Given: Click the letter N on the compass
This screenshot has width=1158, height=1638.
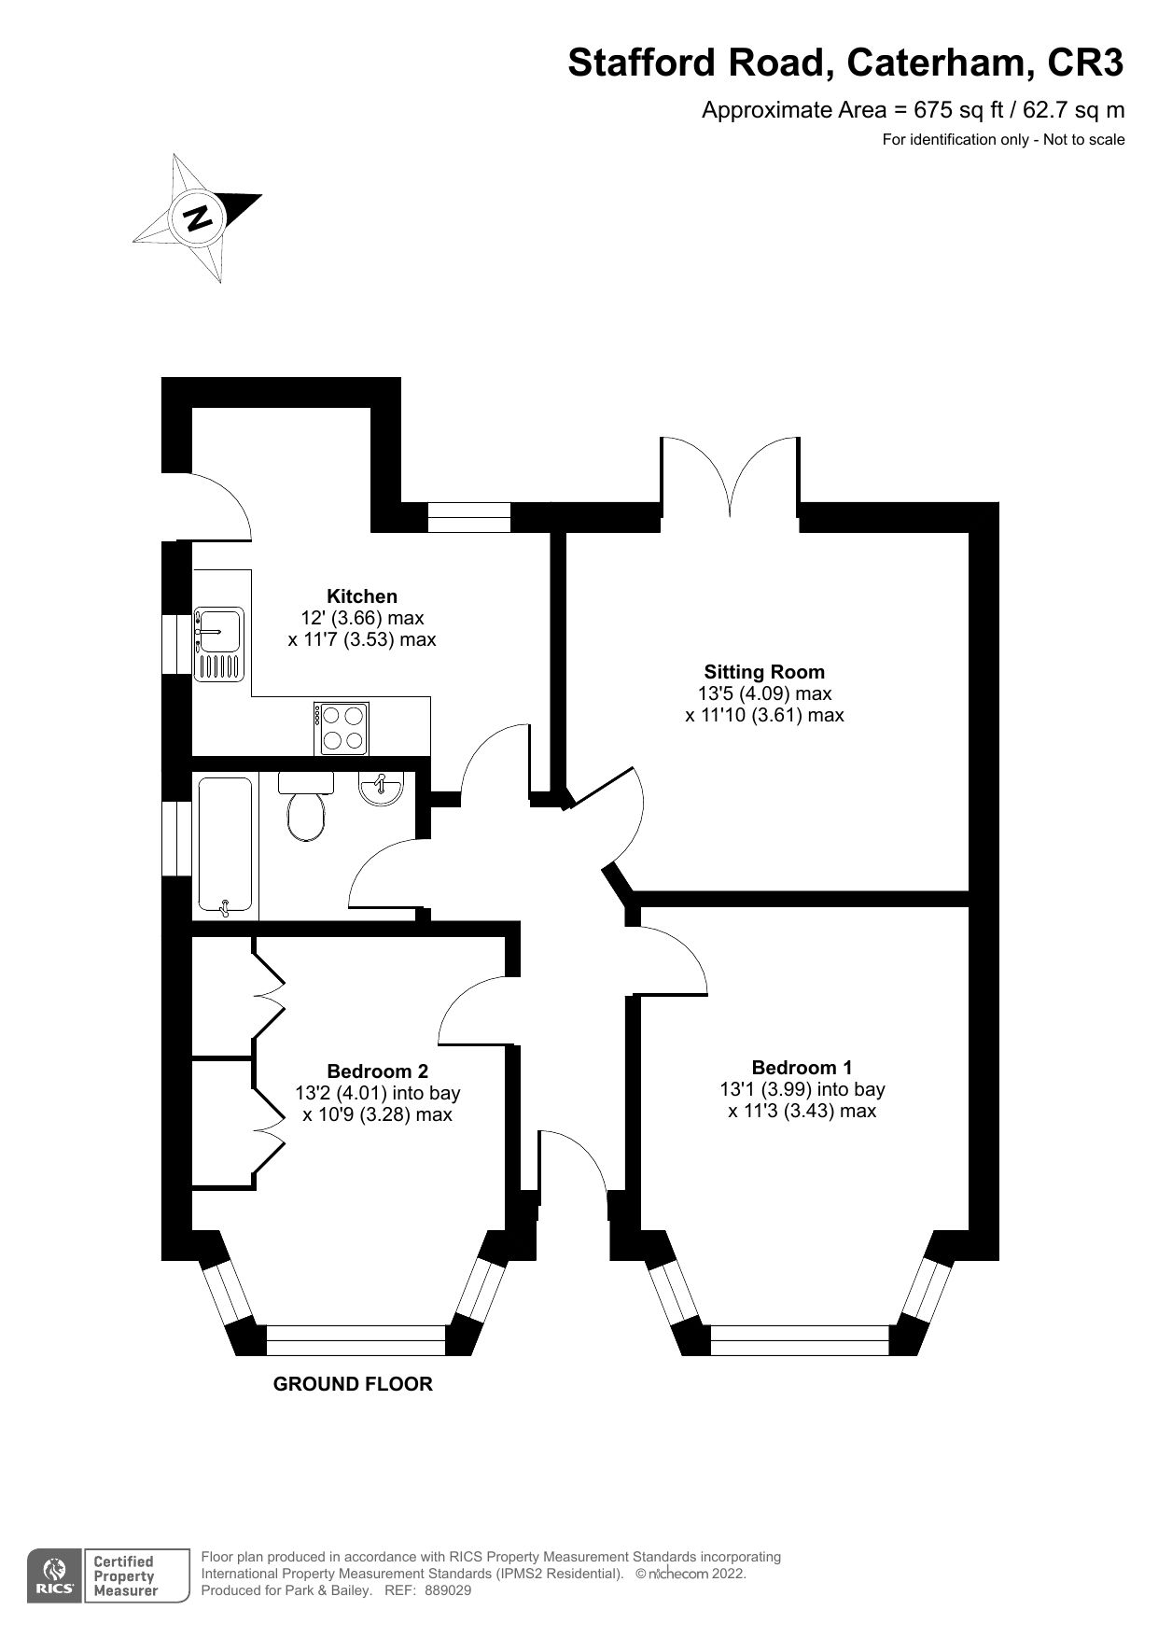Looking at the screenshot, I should (x=198, y=217).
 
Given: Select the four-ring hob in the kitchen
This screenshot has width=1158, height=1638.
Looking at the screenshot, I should (x=342, y=728).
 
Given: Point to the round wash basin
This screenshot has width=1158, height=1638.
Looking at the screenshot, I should (x=381, y=789).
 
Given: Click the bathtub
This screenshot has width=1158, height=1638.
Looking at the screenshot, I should (x=225, y=845).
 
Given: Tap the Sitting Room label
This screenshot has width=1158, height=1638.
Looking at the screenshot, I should (x=764, y=672).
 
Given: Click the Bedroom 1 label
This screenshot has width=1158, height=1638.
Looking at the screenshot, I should (x=802, y=1067).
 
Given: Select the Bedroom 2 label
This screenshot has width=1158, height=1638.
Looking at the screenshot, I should (x=377, y=1071).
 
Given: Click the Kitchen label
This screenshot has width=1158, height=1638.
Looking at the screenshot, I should (x=361, y=596).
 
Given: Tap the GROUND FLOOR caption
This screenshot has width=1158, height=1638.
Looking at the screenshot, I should (x=353, y=1384).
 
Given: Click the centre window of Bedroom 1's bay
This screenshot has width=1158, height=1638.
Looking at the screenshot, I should (x=800, y=1340).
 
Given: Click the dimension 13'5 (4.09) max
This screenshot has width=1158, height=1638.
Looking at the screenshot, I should (x=764, y=693).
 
